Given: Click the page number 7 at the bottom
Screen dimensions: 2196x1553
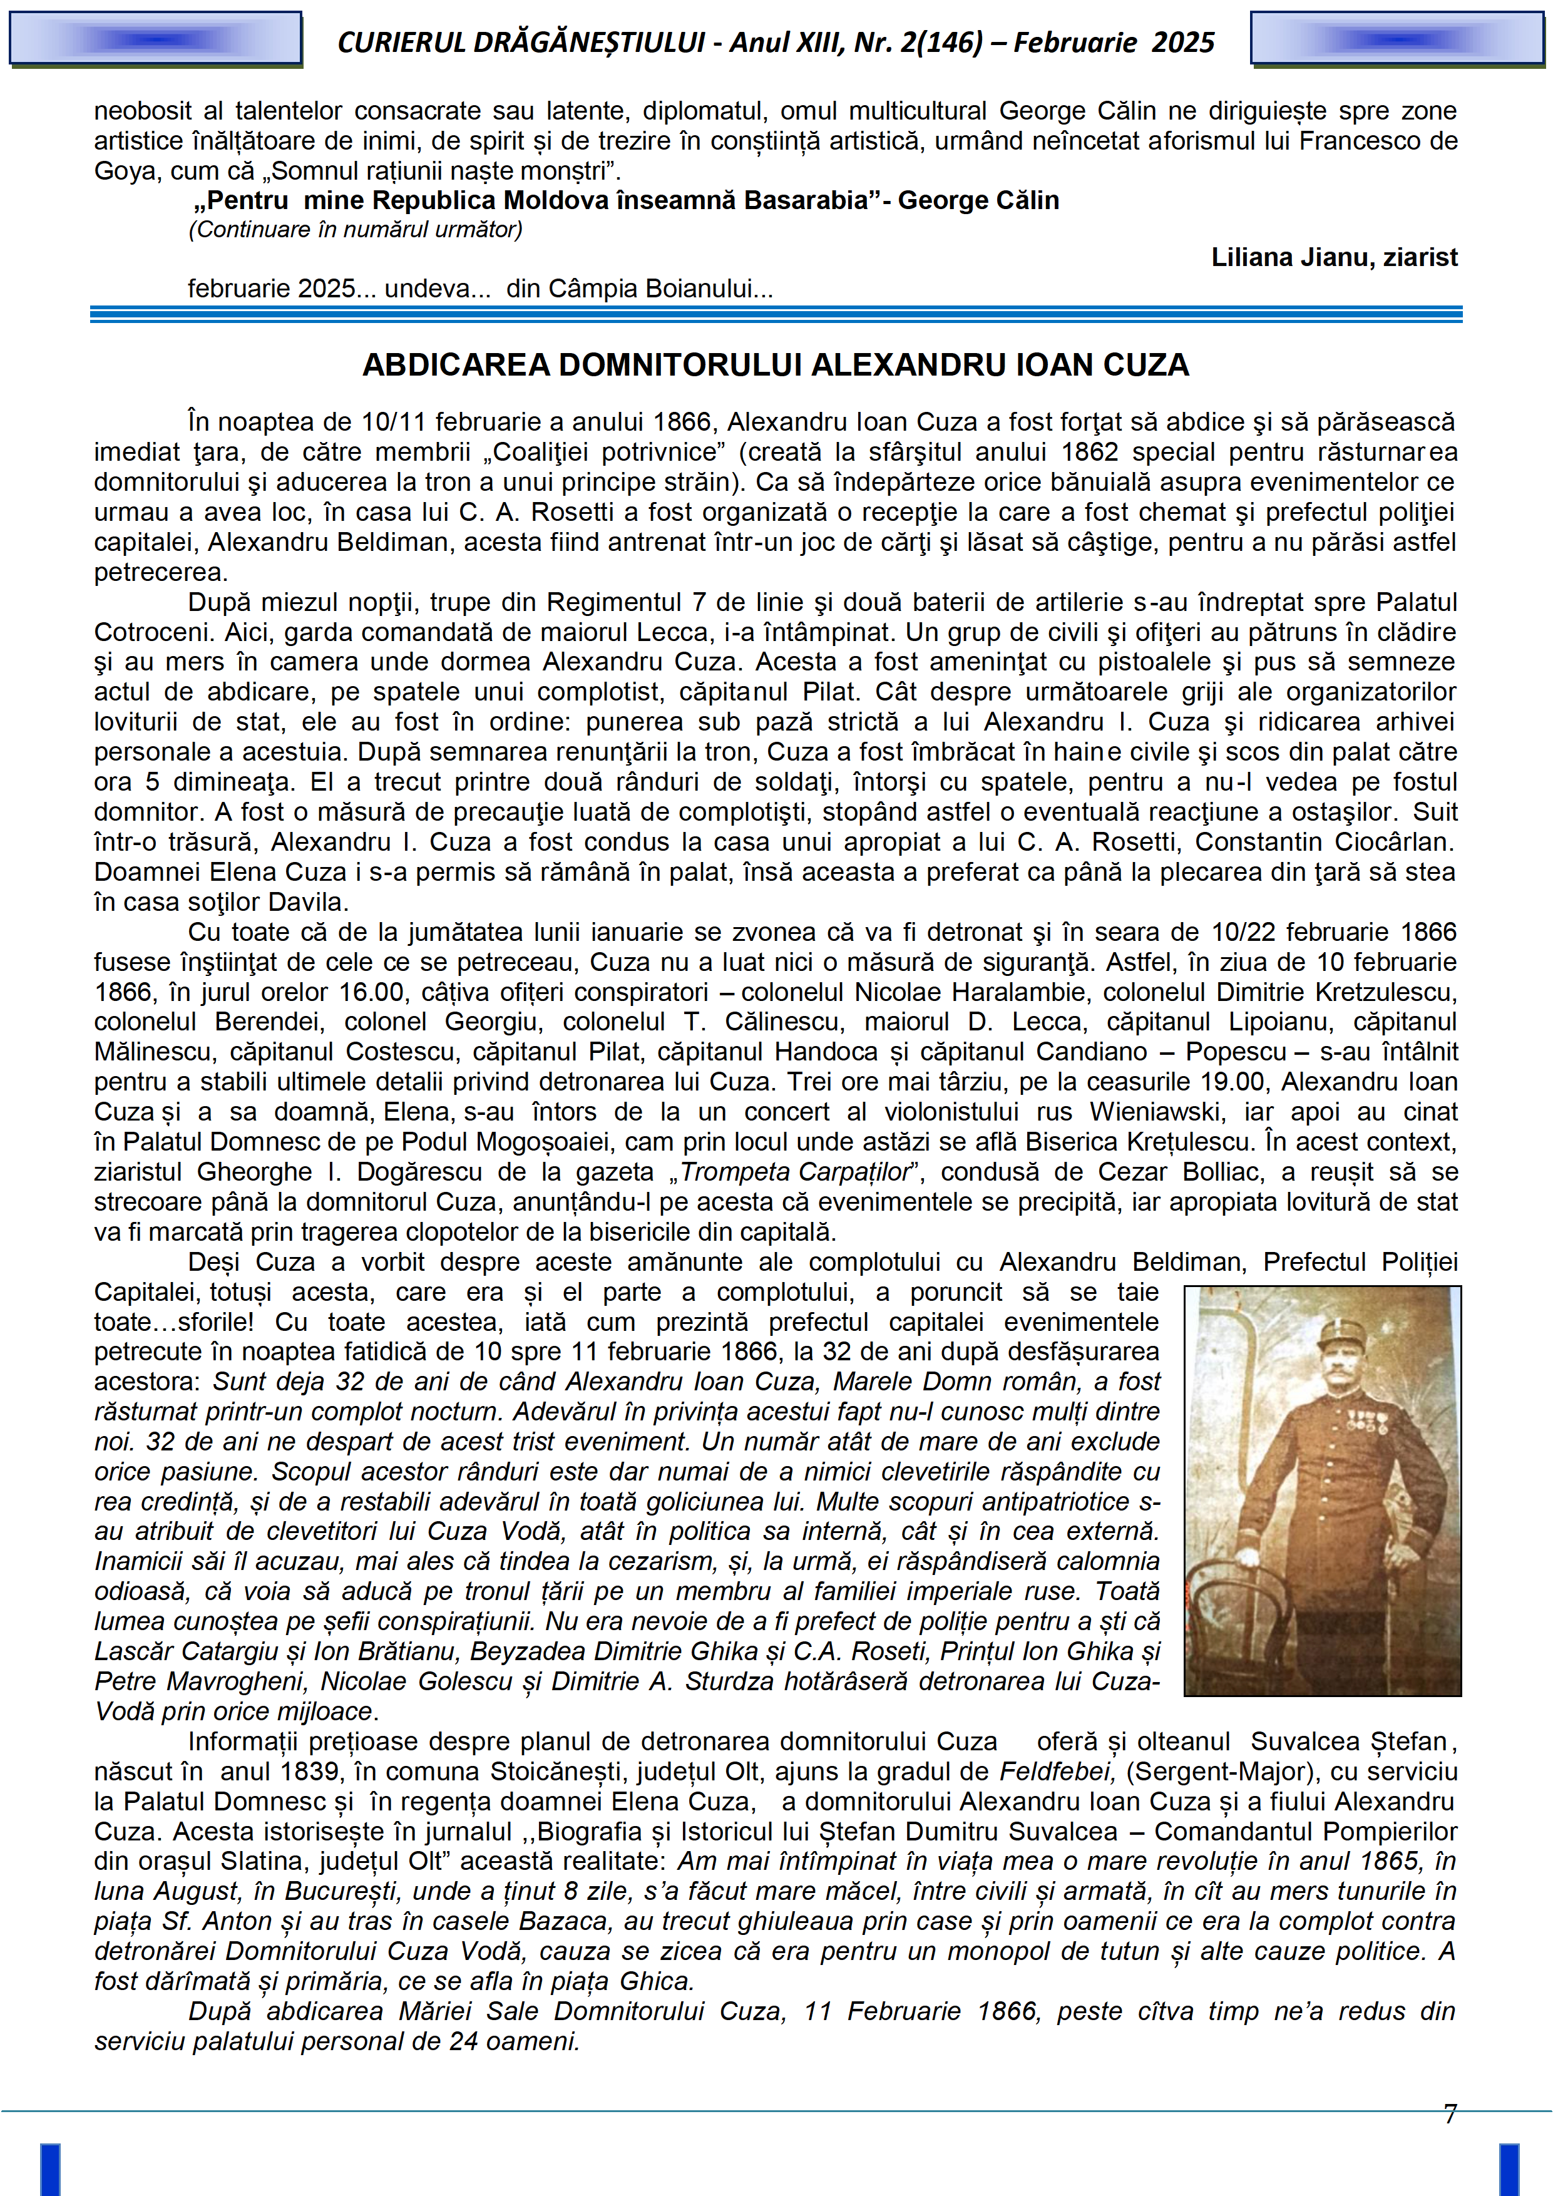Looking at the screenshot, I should pyautogui.click(x=1450, y=2115).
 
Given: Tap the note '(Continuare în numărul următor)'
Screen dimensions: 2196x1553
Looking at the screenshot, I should pyautogui.click(x=356, y=230).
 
